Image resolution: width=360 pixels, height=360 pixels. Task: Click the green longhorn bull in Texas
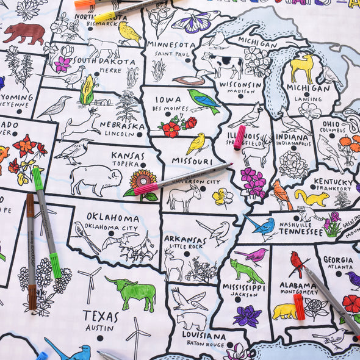(131, 291)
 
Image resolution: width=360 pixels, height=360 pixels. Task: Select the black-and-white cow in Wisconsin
(223, 63)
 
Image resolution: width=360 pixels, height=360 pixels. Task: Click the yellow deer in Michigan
(303, 67)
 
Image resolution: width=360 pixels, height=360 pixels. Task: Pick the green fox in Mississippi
(246, 270)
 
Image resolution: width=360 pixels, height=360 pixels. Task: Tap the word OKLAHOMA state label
(112, 217)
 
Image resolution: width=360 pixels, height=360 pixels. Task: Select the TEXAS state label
(101, 315)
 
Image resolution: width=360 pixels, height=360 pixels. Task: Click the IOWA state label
(168, 99)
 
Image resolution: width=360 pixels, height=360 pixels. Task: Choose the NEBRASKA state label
(124, 126)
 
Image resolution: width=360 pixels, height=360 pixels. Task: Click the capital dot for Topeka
(143, 165)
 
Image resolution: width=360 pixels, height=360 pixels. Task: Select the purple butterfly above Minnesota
(195, 21)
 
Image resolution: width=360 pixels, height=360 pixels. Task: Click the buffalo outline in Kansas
(95, 179)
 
